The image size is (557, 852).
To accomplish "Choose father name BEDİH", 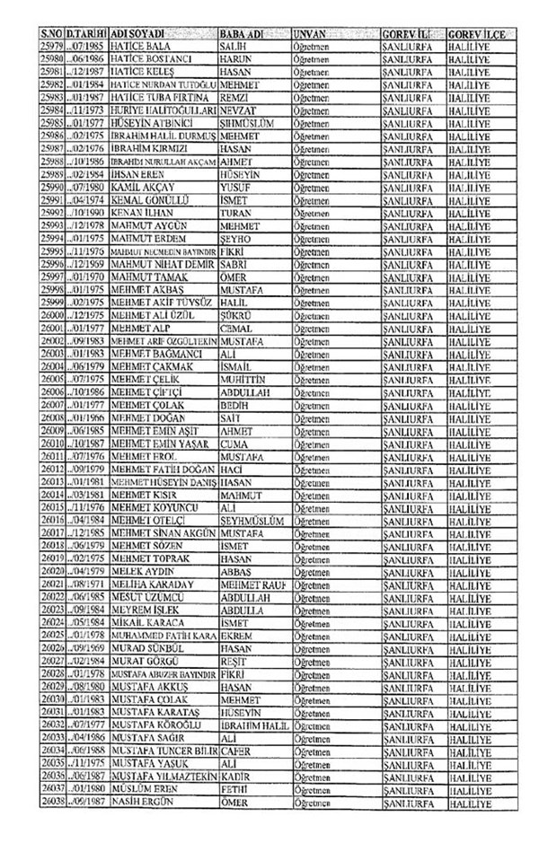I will pos(235,404).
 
